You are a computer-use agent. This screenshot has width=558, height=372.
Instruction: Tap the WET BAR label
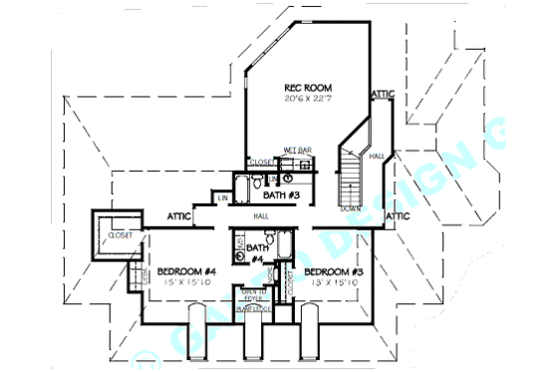[x=297, y=151]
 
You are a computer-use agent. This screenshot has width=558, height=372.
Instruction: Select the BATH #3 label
[x=283, y=195]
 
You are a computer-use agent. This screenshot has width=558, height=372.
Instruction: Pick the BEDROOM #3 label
[x=333, y=271]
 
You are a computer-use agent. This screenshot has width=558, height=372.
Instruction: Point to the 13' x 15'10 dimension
[x=333, y=282]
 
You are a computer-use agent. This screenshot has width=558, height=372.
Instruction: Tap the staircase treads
[x=350, y=180]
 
